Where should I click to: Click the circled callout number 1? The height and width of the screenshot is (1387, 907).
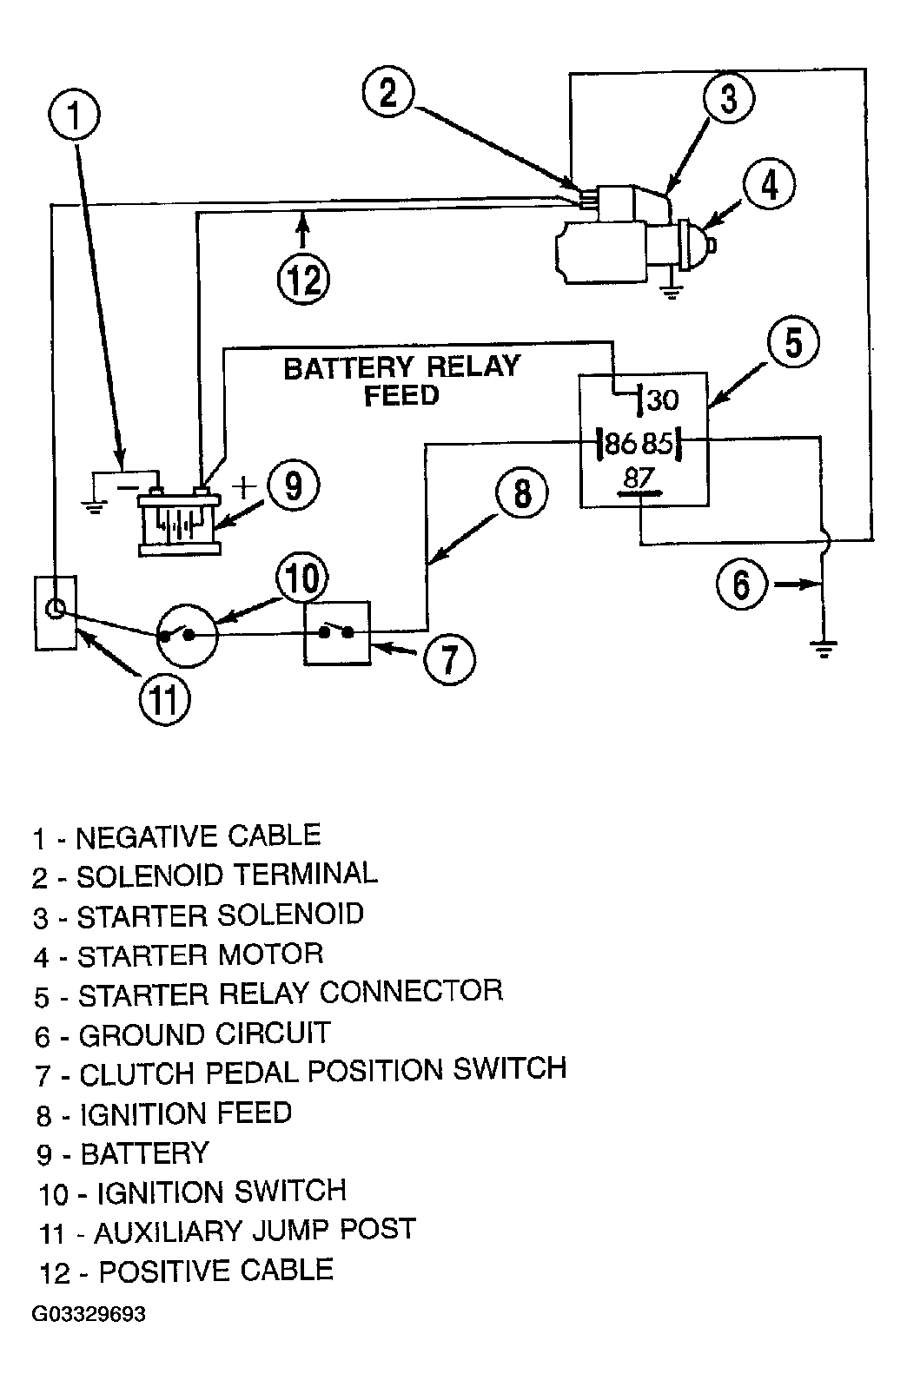(x=75, y=116)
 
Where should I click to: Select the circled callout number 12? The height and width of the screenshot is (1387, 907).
(x=303, y=280)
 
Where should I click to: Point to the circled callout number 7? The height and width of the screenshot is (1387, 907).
(x=450, y=658)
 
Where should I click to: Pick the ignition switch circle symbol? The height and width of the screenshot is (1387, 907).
(x=187, y=636)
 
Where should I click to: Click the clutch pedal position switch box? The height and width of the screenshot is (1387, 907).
(x=337, y=633)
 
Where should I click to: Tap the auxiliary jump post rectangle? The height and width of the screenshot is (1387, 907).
(x=56, y=612)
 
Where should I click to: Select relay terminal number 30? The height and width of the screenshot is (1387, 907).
(x=662, y=400)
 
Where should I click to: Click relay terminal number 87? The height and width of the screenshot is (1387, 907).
(x=639, y=478)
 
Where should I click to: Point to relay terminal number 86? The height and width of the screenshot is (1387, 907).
(x=620, y=443)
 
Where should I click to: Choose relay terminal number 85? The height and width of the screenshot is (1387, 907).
(x=657, y=443)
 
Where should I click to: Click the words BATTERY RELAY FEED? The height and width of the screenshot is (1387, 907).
(x=401, y=380)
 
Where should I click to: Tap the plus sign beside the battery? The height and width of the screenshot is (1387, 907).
(x=244, y=487)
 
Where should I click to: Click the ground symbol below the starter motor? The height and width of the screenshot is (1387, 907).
(x=671, y=291)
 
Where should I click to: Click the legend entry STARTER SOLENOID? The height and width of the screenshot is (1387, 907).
(x=198, y=915)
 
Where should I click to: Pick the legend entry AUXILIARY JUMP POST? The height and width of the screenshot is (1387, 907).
(x=227, y=1231)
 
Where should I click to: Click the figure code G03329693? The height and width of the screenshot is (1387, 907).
(x=89, y=1314)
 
